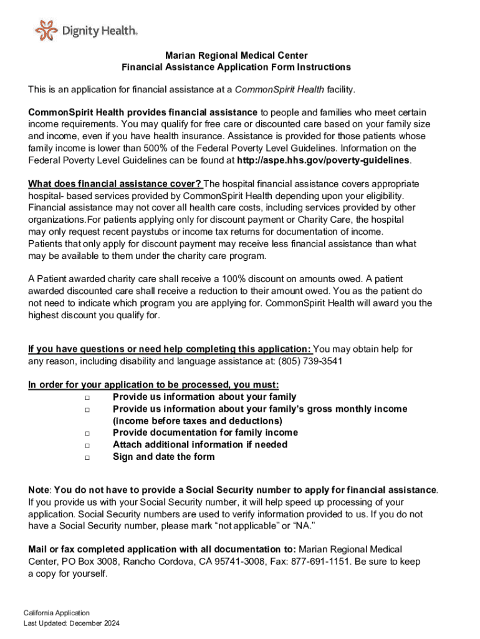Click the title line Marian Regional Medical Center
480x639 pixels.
tap(236, 56)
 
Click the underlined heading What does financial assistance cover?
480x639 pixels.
tap(115, 184)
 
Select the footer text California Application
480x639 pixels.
tap(57, 613)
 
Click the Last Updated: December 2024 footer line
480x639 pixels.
tap(72, 623)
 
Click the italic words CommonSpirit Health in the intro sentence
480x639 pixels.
tap(279, 90)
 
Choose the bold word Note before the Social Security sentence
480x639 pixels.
tap(39, 490)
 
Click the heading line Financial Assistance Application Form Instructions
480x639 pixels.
tap(236, 67)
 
